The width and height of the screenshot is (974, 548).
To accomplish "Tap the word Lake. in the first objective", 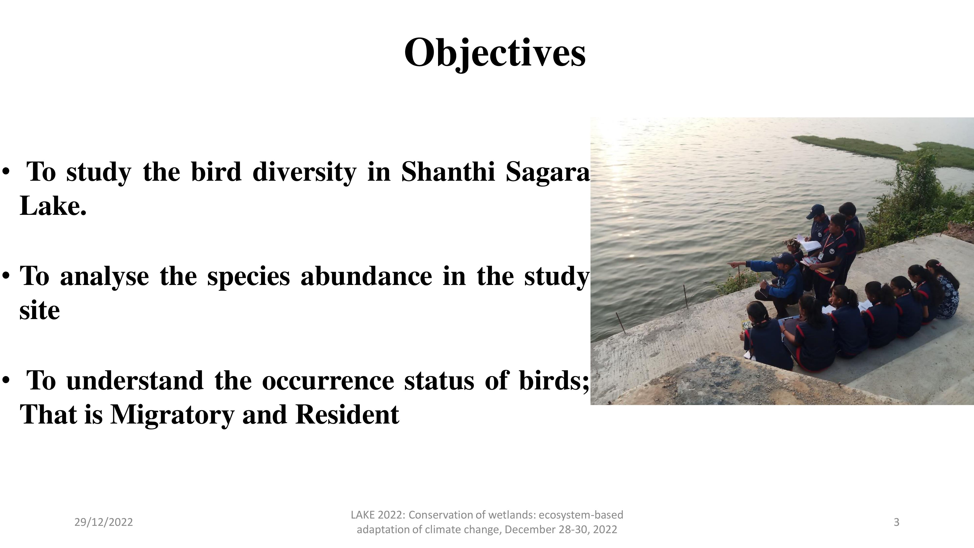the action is [x=53, y=206].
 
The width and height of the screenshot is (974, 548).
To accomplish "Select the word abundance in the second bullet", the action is [x=366, y=276].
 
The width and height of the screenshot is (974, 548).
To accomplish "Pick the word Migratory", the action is [x=172, y=415].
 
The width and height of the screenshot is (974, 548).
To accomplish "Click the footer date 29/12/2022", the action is [x=103, y=522].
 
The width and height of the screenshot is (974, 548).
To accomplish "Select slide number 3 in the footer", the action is [x=896, y=522].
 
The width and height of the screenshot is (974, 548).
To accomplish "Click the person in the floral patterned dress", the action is [x=947, y=287].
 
